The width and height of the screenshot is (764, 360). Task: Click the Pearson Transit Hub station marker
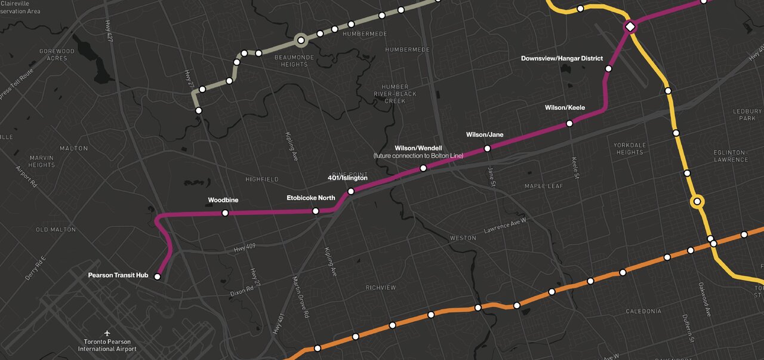tap(158, 276)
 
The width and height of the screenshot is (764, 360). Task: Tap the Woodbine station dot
tap(225, 213)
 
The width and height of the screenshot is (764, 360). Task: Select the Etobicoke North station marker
tap(316, 211)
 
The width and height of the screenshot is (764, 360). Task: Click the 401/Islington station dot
tap(351, 191)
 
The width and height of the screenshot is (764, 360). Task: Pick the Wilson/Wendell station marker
tap(423, 168)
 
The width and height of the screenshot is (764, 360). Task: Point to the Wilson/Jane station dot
tap(487, 148)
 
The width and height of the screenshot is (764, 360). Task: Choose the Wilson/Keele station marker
tap(569, 123)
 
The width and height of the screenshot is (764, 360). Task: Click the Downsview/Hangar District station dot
tap(608, 69)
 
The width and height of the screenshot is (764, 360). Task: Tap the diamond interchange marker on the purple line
tap(629, 27)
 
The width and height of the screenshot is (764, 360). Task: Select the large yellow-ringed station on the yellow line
tap(697, 202)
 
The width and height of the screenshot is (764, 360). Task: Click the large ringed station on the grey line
tap(301, 41)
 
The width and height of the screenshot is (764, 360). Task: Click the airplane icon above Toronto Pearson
tap(107, 332)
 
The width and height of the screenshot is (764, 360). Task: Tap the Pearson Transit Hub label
tap(118, 276)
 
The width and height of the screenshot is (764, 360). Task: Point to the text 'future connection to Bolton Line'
tap(418, 156)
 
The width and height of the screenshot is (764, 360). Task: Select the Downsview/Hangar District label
tap(562, 59)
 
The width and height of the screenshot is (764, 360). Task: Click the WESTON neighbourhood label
tap(463, 238)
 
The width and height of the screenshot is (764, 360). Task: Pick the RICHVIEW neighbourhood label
tap(381, 288)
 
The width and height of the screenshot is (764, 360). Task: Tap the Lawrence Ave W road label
tap(505, 226)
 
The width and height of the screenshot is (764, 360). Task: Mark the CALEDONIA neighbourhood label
tap(643, 312)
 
